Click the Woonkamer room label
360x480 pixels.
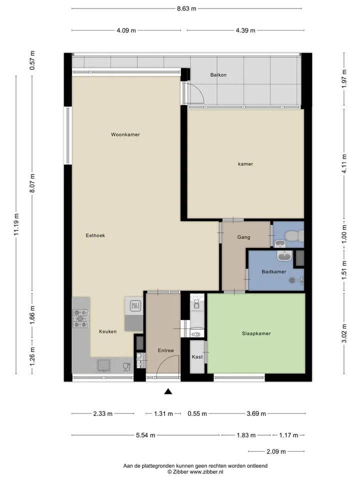(125, 134)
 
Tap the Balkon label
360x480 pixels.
(218, 74)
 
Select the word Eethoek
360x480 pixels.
(95, 235)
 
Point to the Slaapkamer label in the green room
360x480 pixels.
(256, 333)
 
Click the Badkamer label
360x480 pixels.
(274, 271)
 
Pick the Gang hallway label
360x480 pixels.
(243, 237)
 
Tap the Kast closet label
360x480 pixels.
(197, 356)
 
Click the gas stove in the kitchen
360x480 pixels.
(80, 318)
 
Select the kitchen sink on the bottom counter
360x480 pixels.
(104, 365)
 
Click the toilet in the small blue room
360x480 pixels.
(293, 236)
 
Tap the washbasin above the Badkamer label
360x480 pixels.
(284, 255)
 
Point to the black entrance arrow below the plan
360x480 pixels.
(168, 391)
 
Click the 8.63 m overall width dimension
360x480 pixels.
(186, 8)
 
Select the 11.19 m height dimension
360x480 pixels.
(16, 224)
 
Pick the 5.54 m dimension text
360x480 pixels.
(145, 435)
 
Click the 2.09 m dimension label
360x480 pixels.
(276, 451)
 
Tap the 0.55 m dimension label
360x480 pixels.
(197, 413)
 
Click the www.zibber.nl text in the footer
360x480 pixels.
(206, 471)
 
